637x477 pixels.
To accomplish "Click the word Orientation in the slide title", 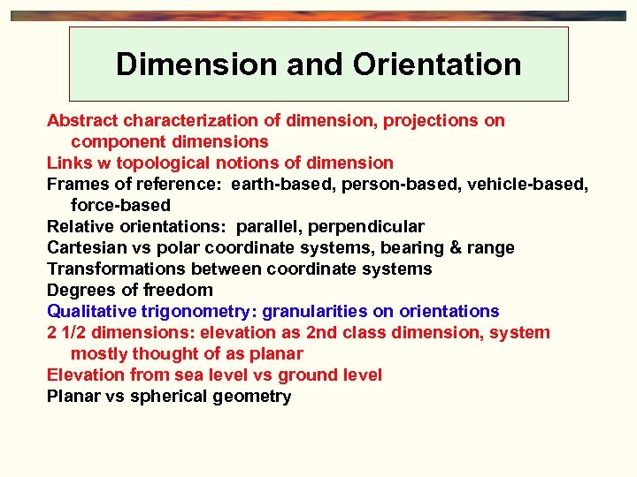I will (437, 64).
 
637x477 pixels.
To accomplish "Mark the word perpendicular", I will (366, 226).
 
